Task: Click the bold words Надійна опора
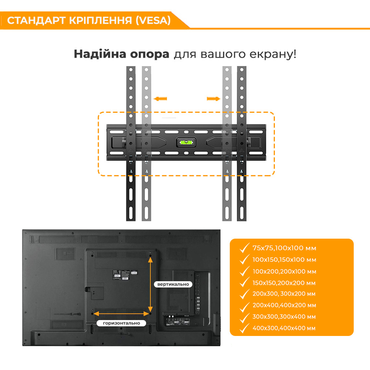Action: click(121, 54)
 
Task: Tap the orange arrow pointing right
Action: click(213, 98)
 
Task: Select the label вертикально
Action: click(173, 284)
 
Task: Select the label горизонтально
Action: click(122, 323)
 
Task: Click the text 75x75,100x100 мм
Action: click(284, 248)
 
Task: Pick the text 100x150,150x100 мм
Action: click(284, 260)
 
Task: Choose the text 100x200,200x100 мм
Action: click(284, 271)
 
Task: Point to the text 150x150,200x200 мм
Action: click(284, 283)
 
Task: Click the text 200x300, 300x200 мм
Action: click(284, 294)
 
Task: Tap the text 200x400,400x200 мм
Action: click(284, 305)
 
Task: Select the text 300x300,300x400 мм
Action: click(284, 317)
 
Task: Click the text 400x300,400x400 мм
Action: click(284, 328)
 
